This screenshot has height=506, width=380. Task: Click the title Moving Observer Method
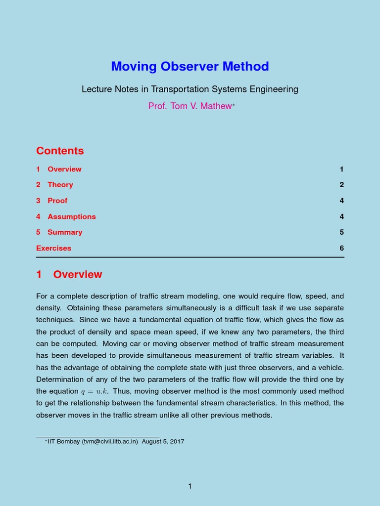(190, 66)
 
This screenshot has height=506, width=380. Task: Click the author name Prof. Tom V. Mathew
(190, 106)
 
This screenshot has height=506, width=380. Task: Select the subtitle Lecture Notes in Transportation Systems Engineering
(190, 89)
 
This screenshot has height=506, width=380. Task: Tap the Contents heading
(60, 151)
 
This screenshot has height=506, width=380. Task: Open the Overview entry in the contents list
(64, 169)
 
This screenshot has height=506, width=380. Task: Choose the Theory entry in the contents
(60, 185)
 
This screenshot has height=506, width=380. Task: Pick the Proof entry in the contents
(57, 201)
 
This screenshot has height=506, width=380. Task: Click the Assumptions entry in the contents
(71, 216)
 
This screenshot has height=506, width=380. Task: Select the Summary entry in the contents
(65, 232)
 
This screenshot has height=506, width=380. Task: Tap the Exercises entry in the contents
(53, 248)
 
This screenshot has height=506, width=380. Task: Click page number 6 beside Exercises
(341, 248)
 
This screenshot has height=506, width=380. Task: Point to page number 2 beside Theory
(341, 185)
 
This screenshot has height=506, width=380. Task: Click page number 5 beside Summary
(341, 232)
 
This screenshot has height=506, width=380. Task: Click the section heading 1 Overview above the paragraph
(69, 274)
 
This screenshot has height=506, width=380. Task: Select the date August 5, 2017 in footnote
(163, 441)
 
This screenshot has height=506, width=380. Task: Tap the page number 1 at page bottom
(190, 486)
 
